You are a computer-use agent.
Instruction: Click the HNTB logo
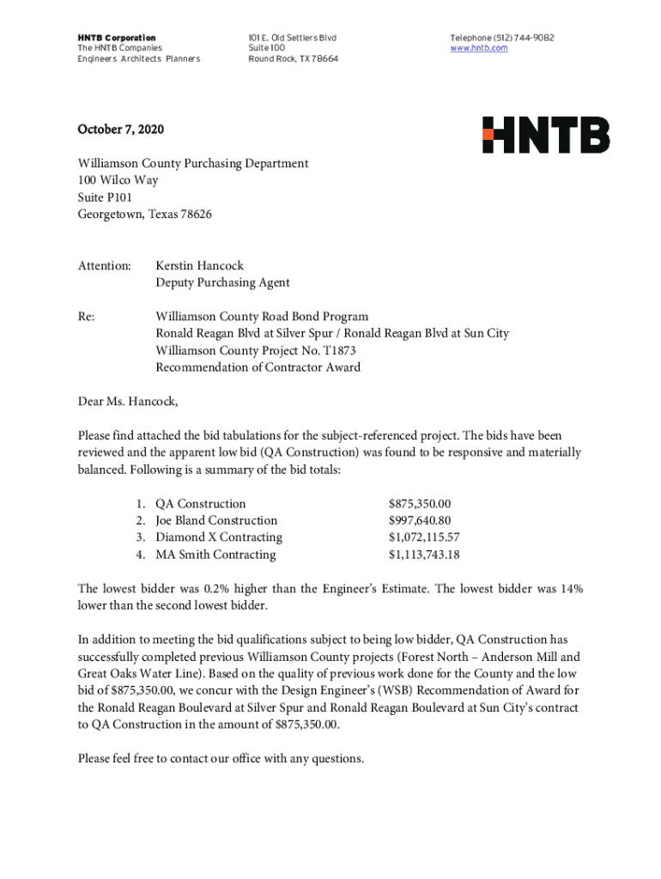tap(546, 136)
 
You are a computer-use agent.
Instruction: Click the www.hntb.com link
tap(479, 48)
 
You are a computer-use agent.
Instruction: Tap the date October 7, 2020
tap(120, 130)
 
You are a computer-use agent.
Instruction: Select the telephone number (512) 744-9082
tap(522, 38)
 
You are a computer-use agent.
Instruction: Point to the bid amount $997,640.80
tap(420, 520)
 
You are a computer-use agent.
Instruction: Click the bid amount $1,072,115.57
tap(424, 537)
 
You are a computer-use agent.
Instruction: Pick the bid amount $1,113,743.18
tap(424, 555)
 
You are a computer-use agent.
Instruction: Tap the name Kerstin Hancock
tap(199, 265)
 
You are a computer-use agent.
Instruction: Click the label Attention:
tap(104, 265)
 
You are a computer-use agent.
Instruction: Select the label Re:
tap(86, 317)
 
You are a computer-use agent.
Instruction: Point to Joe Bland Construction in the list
tap(216, 520)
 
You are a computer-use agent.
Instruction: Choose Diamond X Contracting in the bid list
tap(218, 537)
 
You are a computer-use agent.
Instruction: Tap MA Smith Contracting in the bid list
tap(215, 555)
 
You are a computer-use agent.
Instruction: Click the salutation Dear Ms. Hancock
tap(128, 401)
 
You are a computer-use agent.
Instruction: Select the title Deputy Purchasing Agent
tap(222, 282)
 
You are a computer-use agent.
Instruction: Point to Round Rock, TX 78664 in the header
tap(293, 59)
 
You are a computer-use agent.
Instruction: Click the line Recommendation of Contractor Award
tap(258, 367)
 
